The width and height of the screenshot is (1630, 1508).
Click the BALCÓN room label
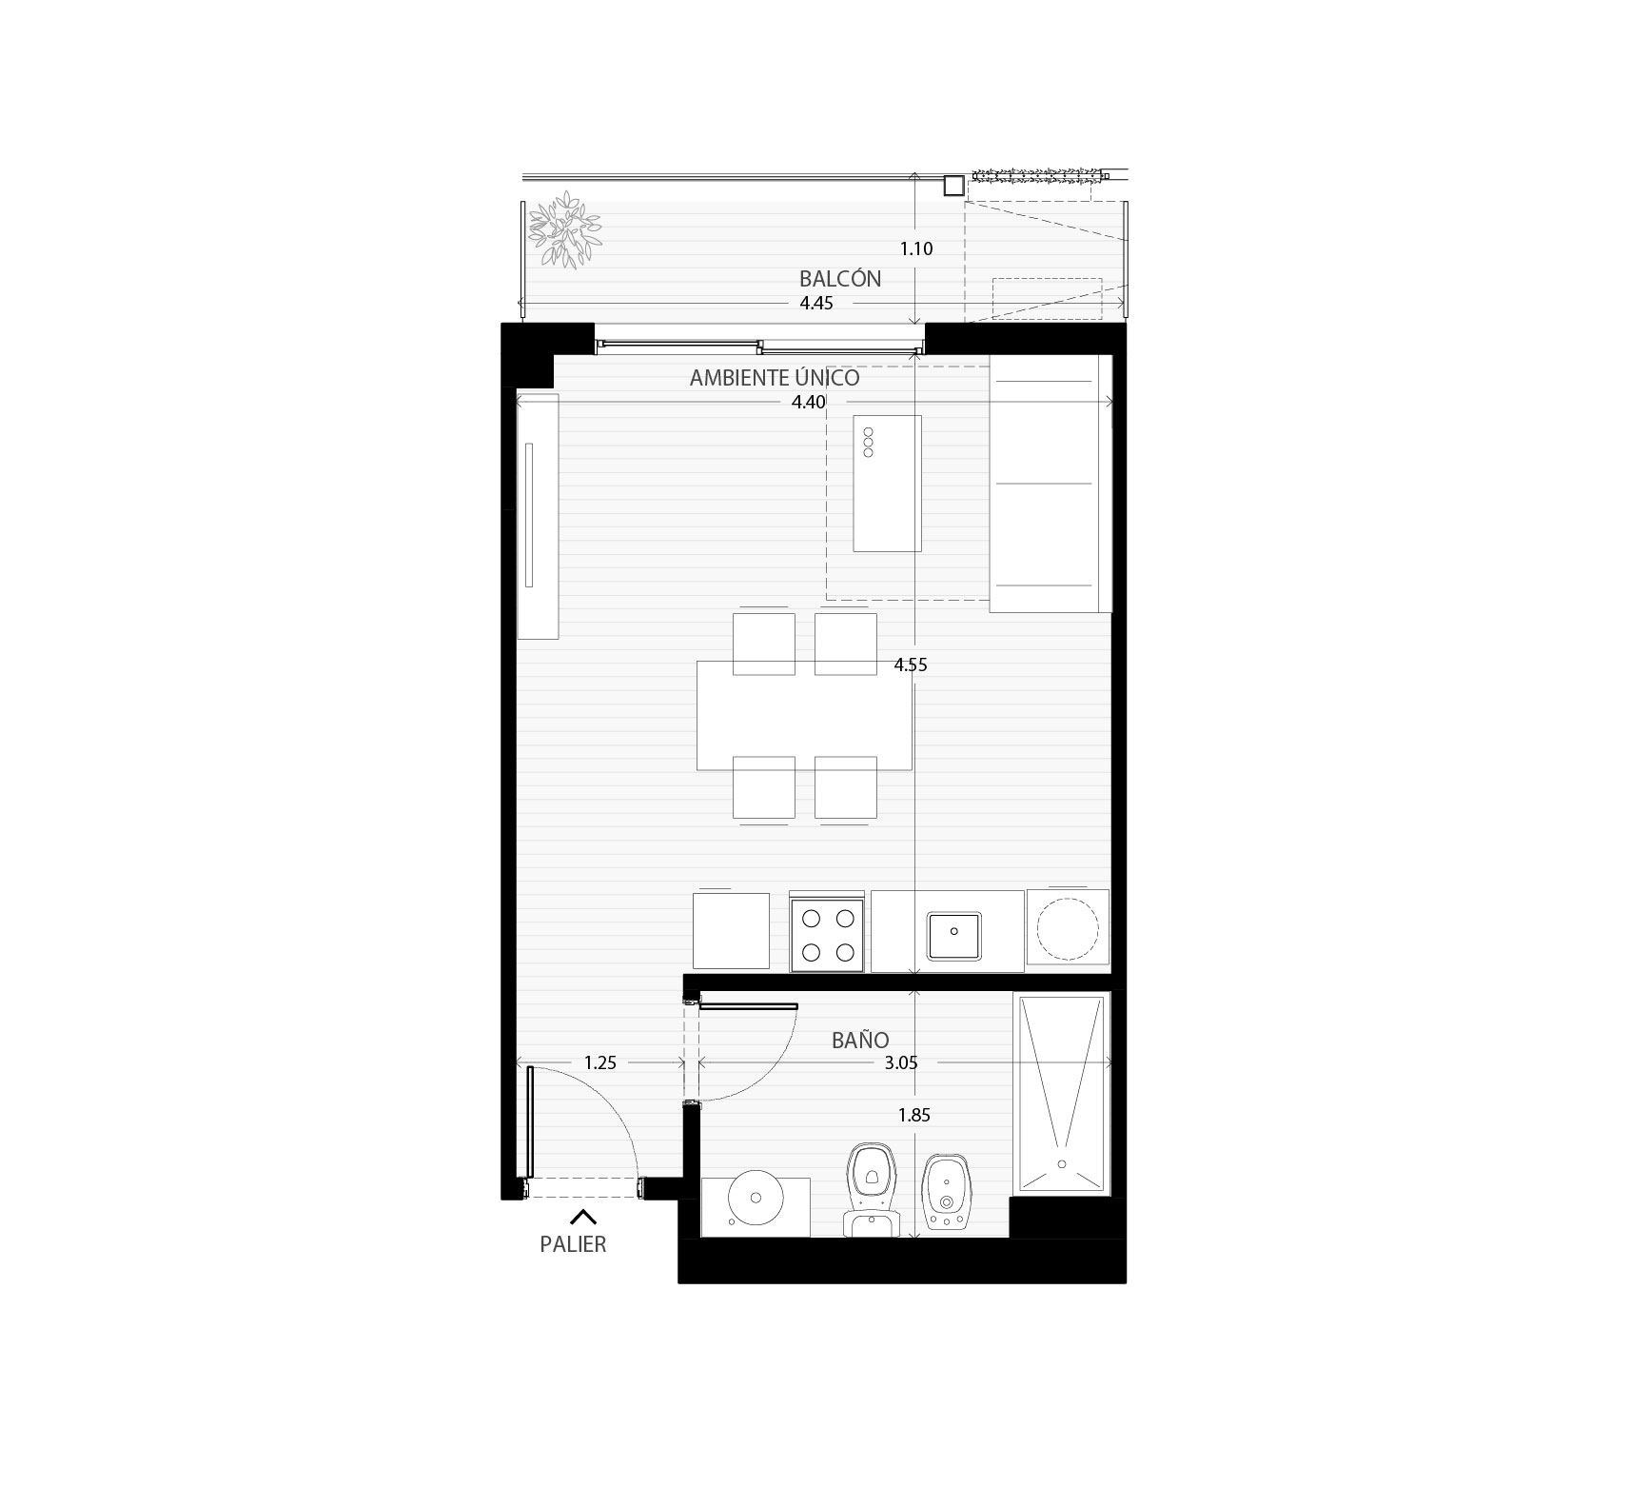coord(840,279)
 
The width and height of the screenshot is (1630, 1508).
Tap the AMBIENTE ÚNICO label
coord(775,377)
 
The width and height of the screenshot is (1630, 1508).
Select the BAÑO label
coord(860,1040)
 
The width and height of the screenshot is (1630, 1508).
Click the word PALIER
coord(573,1244)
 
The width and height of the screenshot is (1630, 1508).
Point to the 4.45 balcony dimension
coord(816,304)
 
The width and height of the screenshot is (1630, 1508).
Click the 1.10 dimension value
coord(916,249)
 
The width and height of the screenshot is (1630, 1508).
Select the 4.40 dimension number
coord(809,402)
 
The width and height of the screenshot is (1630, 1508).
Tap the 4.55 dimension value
coord(911,665)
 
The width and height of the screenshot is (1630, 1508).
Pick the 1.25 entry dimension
coord(600,1063)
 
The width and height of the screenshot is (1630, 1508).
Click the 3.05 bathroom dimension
coord(901,1063)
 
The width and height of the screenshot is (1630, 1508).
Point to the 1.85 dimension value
coord(914,1115)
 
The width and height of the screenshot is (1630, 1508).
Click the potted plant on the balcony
coord(566,229)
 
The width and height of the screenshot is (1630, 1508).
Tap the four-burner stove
coord(827,935)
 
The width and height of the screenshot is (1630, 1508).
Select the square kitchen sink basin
coord(954,937)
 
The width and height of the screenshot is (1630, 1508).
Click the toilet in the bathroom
coord(871,1190)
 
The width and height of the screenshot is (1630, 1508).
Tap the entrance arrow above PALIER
coord(583,1216)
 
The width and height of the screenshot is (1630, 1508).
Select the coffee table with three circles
coord(887,484)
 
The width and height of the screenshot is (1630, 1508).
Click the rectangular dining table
coord(805,715)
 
